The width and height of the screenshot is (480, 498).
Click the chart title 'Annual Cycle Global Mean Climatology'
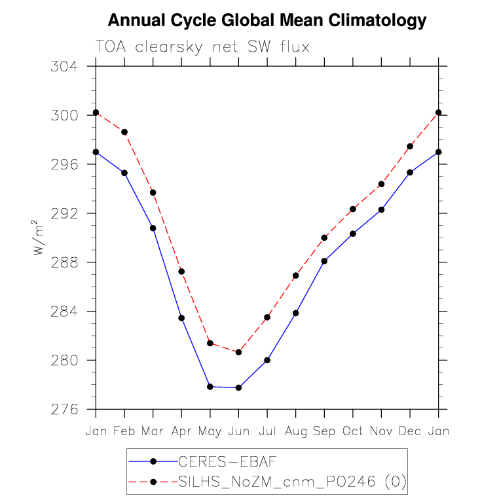tap(267, 21)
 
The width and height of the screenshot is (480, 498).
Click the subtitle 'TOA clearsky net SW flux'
tap(202, 47)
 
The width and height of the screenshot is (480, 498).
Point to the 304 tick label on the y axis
tap(64, 67)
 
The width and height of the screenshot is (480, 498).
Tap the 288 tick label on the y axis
tap(64, 262)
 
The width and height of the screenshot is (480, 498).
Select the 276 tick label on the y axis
tap(64, 410)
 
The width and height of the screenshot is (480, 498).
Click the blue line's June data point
tap(238, 387)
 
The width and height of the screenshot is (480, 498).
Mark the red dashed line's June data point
tap(238, 352)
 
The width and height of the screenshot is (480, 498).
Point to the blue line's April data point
tap(181, 318)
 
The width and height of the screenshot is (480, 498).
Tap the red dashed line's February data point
tap(124, 132)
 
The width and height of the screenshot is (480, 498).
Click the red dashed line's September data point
tap(324, 238)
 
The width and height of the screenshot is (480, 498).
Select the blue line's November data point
tap(381, 209)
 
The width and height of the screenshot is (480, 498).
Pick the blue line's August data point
tap(295, 313)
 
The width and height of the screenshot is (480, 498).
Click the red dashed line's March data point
tap(153, 192)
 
